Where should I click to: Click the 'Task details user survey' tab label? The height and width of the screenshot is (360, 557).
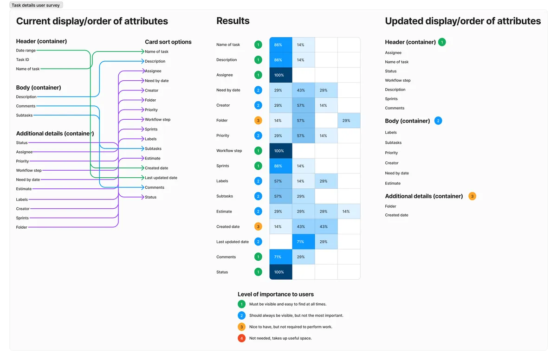point(36,5)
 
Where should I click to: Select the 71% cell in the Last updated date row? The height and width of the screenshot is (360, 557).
point(301,242)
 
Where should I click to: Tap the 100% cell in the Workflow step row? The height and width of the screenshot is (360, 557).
point(279,151)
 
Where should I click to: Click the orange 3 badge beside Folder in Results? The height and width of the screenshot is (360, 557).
point(258,121)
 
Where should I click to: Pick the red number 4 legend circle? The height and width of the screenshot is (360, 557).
point(241,338)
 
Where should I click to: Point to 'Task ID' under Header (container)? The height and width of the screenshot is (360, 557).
point(23,60)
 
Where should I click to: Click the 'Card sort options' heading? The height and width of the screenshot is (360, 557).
point(168,42)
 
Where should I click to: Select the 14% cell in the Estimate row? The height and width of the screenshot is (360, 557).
point(346,212)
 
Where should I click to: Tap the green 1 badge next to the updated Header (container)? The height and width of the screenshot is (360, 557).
point(442,42)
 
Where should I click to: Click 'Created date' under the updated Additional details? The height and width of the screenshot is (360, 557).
point(396,215)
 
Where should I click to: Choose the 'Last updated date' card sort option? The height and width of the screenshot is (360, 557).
point(161,178)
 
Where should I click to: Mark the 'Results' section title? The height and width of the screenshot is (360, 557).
point(233,21)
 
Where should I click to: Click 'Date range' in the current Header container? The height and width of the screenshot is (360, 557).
point(26,51)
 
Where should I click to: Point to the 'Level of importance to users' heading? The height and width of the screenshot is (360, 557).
point(275,294)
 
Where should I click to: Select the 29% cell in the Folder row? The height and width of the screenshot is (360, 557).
point(346,121)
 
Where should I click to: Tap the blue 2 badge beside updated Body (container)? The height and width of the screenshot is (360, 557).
point(438,121)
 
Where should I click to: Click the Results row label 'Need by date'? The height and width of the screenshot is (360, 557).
point(228,90)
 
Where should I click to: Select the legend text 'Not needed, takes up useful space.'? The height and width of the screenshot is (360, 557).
point(280,338)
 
